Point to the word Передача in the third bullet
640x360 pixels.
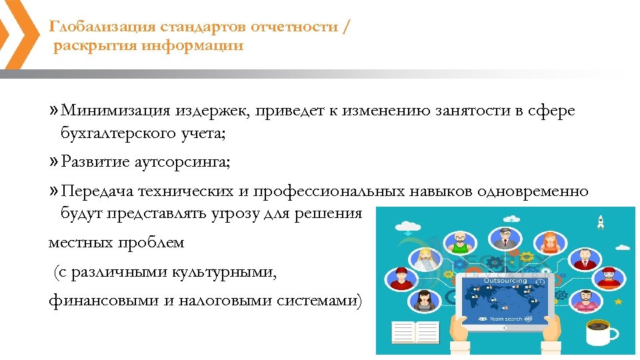[97, 191]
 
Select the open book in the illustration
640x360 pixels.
[415, 333]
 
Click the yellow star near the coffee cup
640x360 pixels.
[618, 302]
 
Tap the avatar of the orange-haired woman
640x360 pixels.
[550, 241]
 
